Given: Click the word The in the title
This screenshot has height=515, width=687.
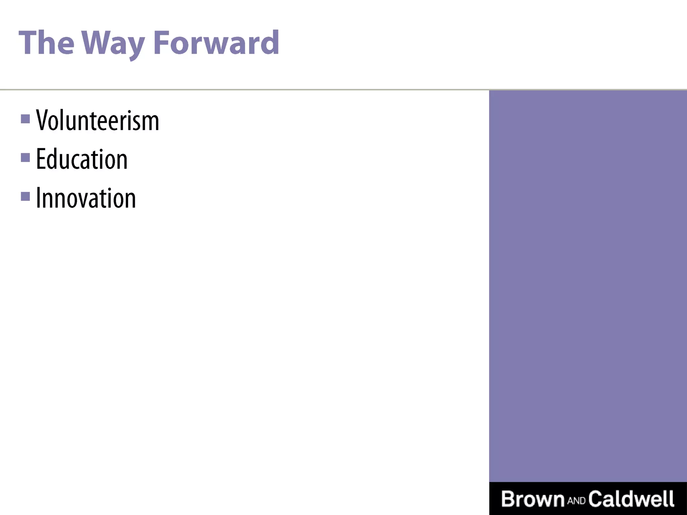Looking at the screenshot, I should (x=46, y=43).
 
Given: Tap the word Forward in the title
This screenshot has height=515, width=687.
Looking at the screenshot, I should (x=216, y=43).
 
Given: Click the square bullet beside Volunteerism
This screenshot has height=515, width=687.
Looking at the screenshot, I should (x=25, y=119).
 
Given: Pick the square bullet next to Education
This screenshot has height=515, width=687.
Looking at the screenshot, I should (x=25, y=157).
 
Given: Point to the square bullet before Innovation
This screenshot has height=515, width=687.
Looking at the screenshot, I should (x=25, y=196).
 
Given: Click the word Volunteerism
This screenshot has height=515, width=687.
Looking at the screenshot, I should (x=98, y=120).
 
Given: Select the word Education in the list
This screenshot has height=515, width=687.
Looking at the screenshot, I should (x=82, y=159).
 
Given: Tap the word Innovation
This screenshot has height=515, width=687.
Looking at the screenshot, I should (x=86, y=198).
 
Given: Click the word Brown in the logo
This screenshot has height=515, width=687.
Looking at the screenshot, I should (x=533, y=499).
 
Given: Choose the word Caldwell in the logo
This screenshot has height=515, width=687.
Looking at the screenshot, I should (x=631, y=499).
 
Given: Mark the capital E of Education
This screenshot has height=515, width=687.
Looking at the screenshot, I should (x=41, y=159).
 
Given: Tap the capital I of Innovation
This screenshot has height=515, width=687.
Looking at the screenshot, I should (x=38, y=198).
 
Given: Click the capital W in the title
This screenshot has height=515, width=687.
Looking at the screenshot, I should (x=98, y=43).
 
